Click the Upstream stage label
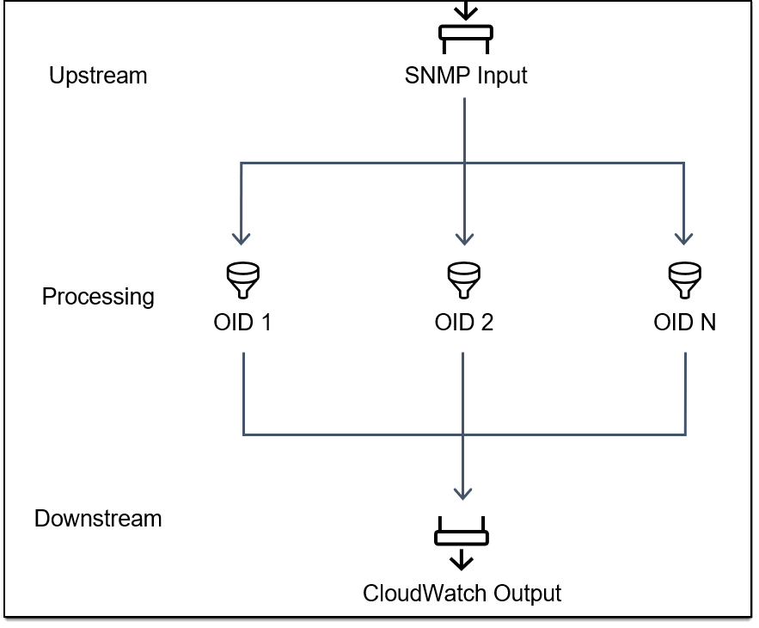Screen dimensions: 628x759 98,76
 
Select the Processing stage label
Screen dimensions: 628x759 98,297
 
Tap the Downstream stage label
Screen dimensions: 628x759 98,519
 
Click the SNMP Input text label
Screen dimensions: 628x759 466,76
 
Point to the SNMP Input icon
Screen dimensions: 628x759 465,33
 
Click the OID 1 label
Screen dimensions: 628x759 243,323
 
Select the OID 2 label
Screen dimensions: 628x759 464,323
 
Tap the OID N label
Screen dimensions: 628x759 685,323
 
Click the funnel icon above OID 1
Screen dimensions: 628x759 243,279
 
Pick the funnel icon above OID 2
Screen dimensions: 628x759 464,279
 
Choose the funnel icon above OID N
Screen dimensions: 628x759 685,279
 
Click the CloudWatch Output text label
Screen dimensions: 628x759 462,594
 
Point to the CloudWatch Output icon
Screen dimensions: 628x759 462,538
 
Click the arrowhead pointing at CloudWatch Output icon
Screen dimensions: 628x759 463,493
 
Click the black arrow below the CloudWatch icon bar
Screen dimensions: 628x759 462,561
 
